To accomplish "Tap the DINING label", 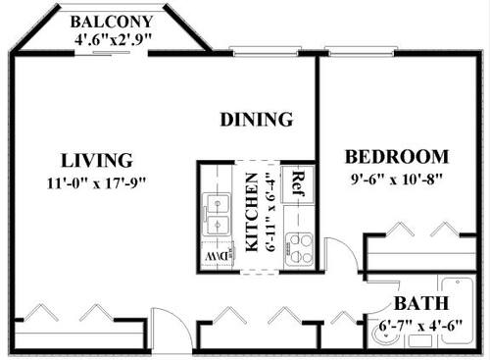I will (x=256, y=120).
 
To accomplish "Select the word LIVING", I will (x=96, y=160).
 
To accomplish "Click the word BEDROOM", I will (x=398, y=157).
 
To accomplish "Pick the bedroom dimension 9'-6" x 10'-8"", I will (x=398, y=180).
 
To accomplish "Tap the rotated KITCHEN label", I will (x=252, y=214).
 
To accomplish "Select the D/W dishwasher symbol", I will (x=215, y=257).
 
